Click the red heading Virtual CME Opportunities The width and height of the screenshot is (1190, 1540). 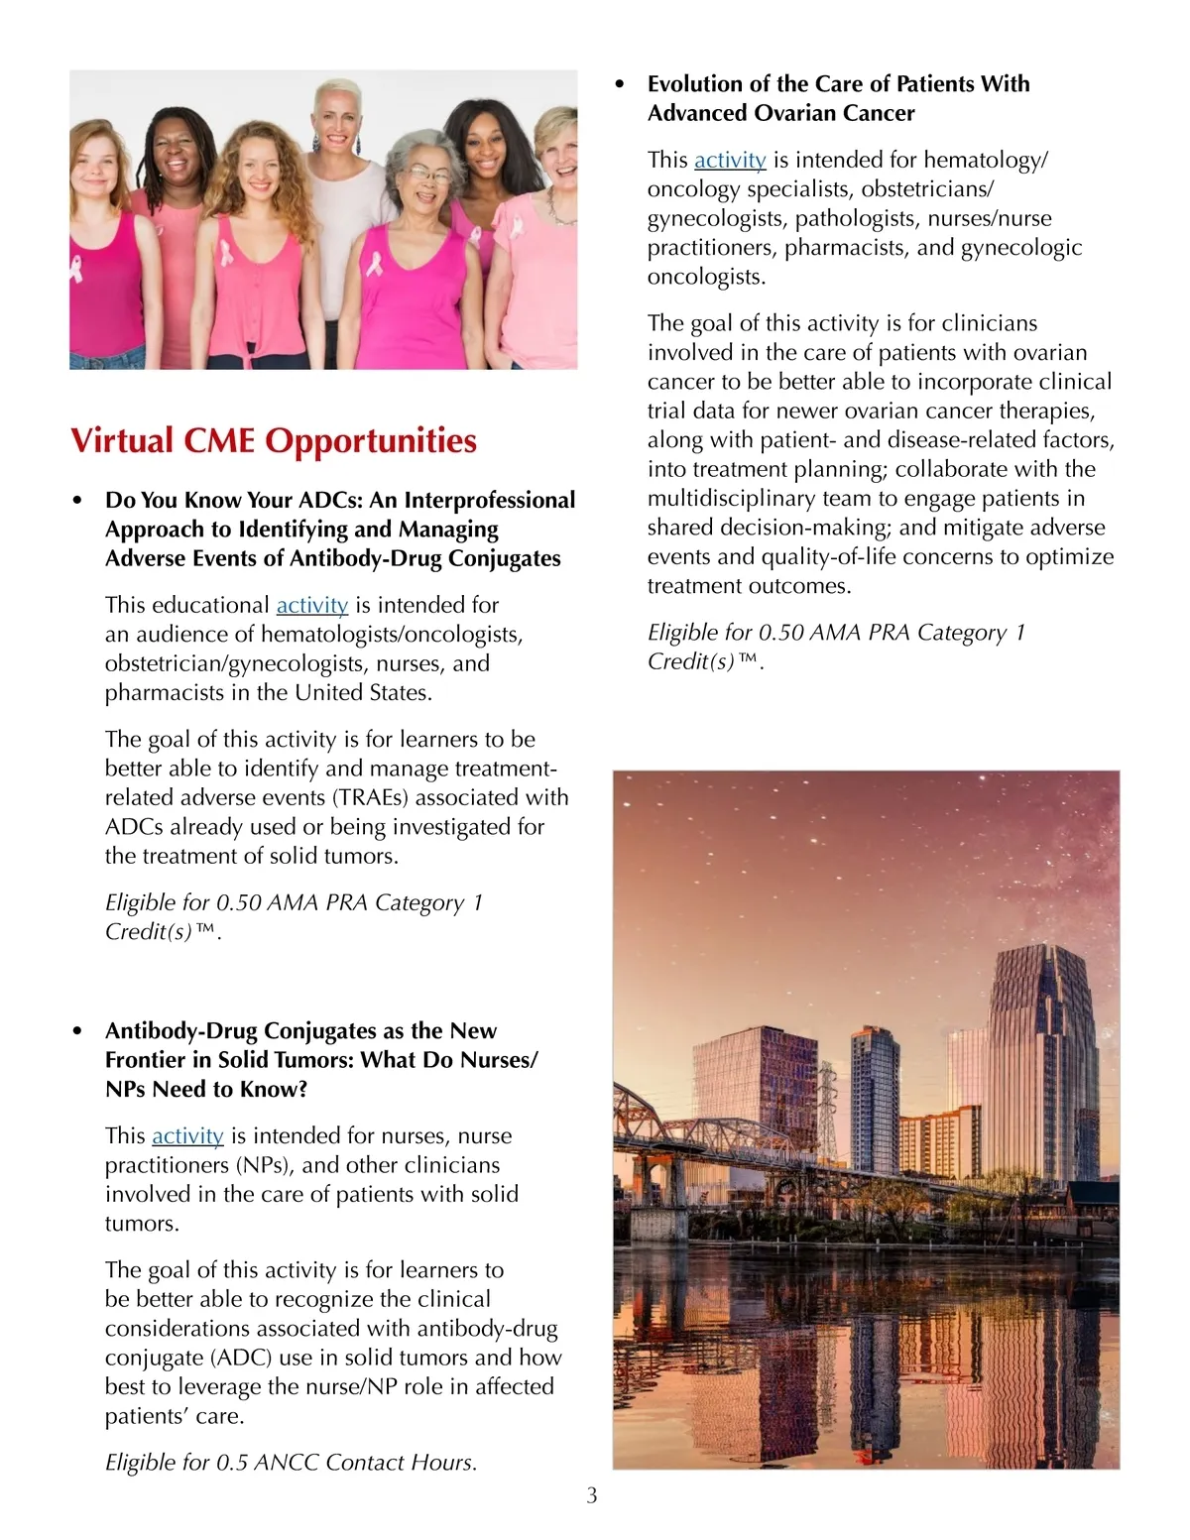[x=273, y=441]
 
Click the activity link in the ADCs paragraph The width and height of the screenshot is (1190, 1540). [x=311, y=605]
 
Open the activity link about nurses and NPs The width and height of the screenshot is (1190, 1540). [x=187, y=1135]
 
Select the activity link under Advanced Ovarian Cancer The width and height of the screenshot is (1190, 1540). [x=730, y=160]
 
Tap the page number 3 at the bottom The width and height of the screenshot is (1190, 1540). [x=592, y=1496]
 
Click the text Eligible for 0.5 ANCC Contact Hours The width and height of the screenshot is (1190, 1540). [x=291, y=1462]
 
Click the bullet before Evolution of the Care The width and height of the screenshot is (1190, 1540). [x=621, y=85]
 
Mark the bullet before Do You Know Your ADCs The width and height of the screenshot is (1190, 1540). [x=78, y=501]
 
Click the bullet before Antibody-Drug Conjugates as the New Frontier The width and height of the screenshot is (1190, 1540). [x=78, y=1031]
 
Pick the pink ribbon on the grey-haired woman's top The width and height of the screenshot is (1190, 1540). [x=375, y=264]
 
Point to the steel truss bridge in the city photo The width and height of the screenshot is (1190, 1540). [x=694, y=1130]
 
